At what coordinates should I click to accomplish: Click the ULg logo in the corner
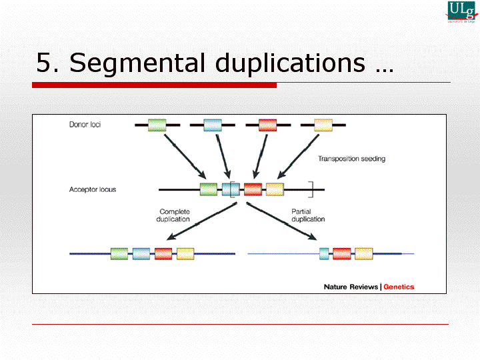pyautogui.click(x=461, y=13)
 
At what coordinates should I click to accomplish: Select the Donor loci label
pyautogui.click(x=85, y=125)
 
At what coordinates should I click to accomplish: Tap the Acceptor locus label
pyautogui.click(x=93, y=190)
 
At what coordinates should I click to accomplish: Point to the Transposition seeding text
pyautogui.click(x=351, y=159)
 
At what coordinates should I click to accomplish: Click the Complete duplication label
pyautogui.click(x=175, y=215)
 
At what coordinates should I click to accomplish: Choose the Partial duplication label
pyautogui.click(x=308, y=215)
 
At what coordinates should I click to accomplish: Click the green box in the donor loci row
pyautogui.click(x=157, y=125)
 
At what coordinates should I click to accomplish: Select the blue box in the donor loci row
pyautogui.click(x=213, y=125)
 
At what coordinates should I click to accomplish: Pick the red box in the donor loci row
pyautogui.click(x=268, y=125)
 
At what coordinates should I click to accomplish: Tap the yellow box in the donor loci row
pyautogui.click(x=323, y=125)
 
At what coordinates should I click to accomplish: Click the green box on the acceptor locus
pyautogui.click(x=209, y=189)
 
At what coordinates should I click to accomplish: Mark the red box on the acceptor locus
pyautogui.click(x=253, y=189)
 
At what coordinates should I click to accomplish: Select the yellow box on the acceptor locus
pyautogui.click(x=275, y=189)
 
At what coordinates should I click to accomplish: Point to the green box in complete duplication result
pyautogui.click(x=119, y=253)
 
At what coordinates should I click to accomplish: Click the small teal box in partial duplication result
pyautogui.click(x=325, y=253)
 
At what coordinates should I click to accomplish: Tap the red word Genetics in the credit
pyautogui.click(x=399, y=287)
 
